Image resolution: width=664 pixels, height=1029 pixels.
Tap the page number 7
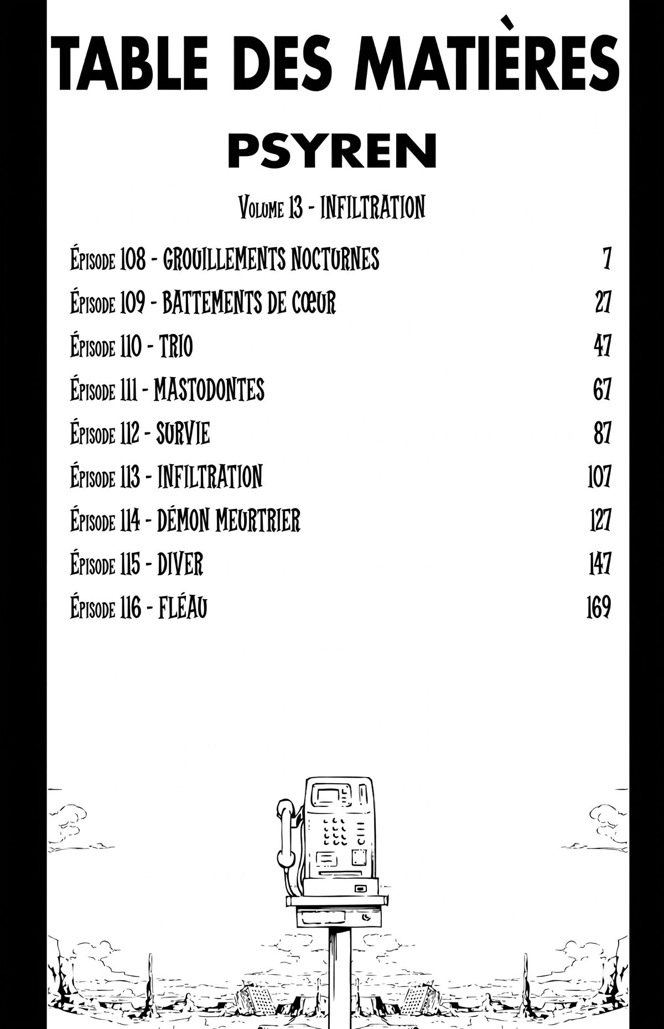[x=607, y=259]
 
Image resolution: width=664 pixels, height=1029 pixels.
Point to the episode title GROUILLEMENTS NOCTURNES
[x=271, y=259]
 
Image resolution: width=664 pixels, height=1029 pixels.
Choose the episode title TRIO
[x=176, y=347]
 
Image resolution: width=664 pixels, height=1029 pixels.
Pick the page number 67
[x=602, y=390]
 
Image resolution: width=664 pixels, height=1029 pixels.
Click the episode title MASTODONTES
[x=209, y=390]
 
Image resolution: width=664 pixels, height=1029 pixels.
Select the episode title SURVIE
[x=183, y=433]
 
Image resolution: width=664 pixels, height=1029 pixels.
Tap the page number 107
[x=599, y=476]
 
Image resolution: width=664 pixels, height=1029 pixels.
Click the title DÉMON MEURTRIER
[x=229, y=520]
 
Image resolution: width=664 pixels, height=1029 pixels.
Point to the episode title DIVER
[x=180, y=564]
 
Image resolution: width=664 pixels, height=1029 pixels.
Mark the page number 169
[x=598, y=608]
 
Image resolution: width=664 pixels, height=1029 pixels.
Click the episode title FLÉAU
[x=183, y=608]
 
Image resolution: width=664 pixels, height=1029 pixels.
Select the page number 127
[x=600, y=520]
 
